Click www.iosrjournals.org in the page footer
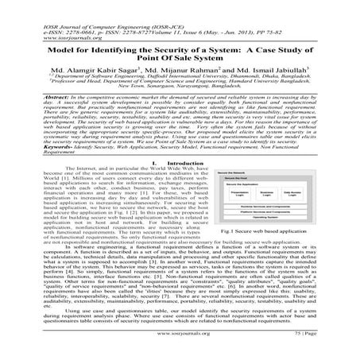point(180,347)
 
